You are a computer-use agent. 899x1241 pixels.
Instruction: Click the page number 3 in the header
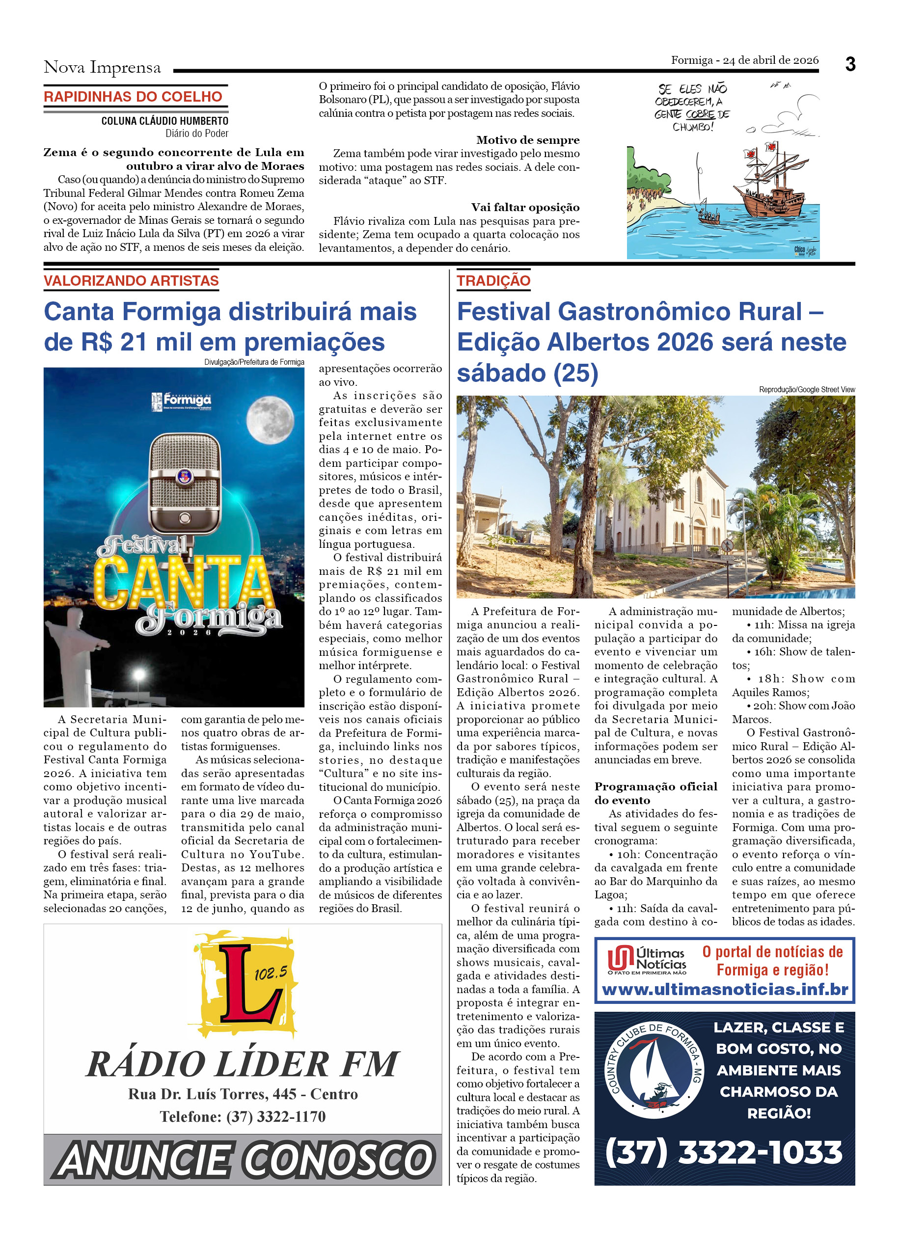850,65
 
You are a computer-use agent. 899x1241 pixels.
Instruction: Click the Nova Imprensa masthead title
102,67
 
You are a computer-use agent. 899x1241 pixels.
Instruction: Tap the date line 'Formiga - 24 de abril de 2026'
745,60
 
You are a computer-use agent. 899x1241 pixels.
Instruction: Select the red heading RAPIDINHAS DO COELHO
133,97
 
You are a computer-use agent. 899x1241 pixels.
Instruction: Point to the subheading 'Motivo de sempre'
527,140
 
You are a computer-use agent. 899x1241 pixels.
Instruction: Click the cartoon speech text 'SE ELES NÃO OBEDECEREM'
692,107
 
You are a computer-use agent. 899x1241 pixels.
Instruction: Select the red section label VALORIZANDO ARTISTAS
131,281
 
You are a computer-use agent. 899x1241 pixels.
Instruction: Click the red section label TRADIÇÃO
493,281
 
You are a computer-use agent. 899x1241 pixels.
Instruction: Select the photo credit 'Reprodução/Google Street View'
807,390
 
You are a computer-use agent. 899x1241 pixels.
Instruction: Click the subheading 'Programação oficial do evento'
655,793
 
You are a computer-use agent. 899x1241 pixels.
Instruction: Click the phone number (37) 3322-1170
243,1116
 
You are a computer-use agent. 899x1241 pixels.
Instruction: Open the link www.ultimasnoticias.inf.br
725,989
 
